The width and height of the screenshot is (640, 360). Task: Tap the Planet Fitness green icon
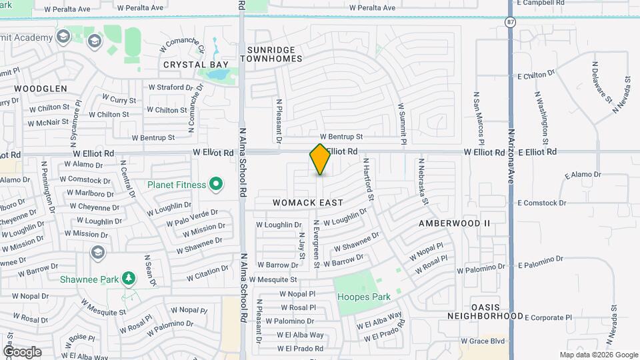[x=215, y=183]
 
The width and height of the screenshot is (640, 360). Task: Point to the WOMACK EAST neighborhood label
[x=308, y=203]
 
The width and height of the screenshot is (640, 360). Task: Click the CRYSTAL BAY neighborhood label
[x=197, y=65]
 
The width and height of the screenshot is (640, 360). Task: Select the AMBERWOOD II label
[x=454, y=223]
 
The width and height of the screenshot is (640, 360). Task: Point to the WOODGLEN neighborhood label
[x=41, y=88]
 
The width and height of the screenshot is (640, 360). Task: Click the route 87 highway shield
[x=509, y=22]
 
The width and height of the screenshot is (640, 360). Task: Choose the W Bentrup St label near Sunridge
[x=341, y=136]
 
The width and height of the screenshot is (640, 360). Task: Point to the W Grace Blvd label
[x=483, y=341]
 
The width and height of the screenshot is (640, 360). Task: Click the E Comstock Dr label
[x=541, y=203]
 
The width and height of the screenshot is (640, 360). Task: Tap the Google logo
[x=22, y=351]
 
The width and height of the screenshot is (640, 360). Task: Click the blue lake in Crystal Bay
[x=217, y=73]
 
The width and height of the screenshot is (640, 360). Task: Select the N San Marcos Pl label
[x=479, y=117]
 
